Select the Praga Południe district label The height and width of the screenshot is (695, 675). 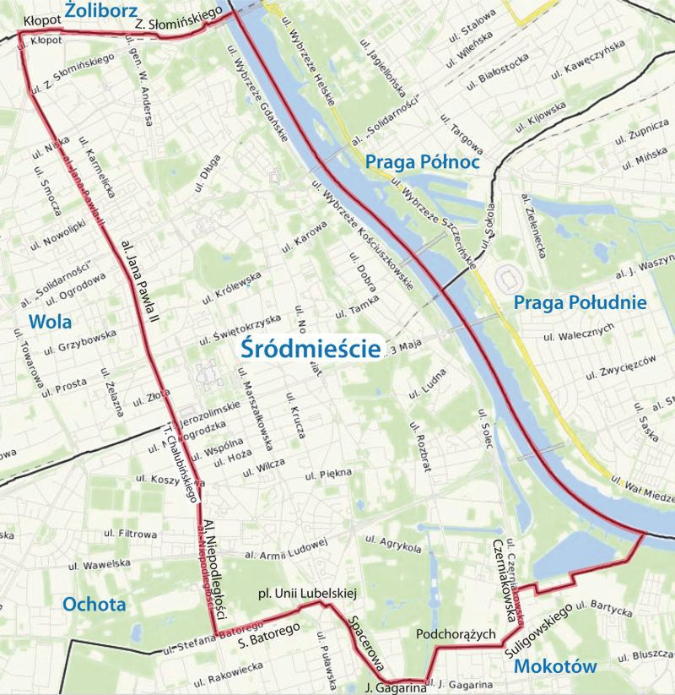[580, 302]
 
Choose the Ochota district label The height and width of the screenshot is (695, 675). [94, 604]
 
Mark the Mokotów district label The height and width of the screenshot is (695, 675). [554, 666]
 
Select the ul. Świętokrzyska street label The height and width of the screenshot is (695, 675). [240, 330]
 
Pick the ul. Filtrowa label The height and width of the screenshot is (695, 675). [130, 534]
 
